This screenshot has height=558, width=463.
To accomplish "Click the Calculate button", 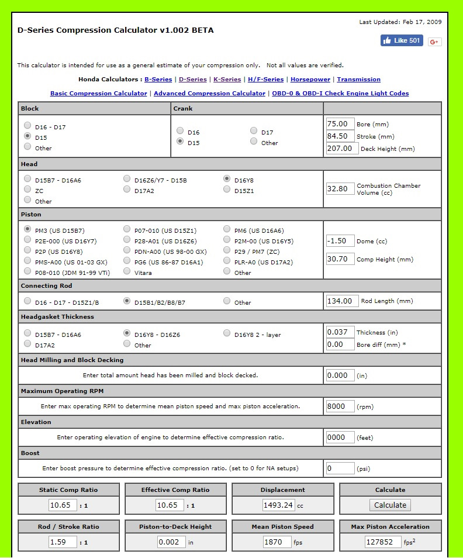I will (390, 505).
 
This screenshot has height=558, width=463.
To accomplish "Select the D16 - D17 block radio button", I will (27, 125).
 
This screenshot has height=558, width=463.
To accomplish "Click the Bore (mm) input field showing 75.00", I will (340, 124).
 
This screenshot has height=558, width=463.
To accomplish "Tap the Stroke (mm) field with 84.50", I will (340, 136).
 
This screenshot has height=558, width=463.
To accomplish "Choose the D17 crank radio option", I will (254, 131).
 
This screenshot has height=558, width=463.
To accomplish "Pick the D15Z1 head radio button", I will (227, 189).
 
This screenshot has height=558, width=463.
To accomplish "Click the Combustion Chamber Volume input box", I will (340, 188).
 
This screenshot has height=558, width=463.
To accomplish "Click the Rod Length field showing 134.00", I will (340, 301).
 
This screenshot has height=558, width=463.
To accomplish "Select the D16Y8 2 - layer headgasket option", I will (227, 333).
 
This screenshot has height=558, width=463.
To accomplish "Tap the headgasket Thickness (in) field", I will (340, 332).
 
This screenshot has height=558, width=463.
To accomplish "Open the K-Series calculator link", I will (227, 80).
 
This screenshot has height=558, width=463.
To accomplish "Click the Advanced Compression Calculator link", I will (209, 94).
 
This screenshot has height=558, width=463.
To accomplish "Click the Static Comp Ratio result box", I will (63, 505).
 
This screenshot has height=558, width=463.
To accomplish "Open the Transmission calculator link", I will (358, 80).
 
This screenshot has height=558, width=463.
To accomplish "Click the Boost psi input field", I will (340, 468).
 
